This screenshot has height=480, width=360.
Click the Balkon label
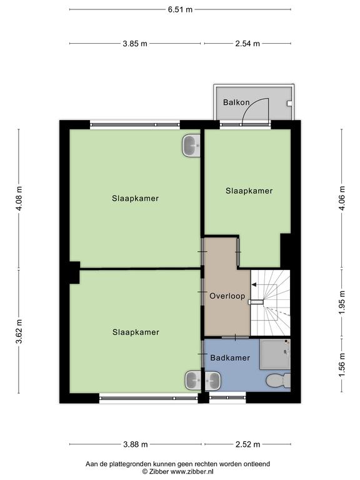[x=236, y=102]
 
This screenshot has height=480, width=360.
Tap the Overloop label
[x=227, y=296]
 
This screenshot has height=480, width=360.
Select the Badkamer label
[x=230, y=357]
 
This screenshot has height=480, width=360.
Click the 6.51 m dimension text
[x=180, y=9]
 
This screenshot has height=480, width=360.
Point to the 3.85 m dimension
[x=135, y=44]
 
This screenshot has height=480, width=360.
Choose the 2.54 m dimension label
[x=247, y=44]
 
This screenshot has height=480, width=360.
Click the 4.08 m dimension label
[x=19, y=198]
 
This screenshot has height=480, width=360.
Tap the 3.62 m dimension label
[x=19, y=331]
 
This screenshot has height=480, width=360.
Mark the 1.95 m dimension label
[x=342, y=302]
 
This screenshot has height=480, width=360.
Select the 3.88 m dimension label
[x=136, y=444]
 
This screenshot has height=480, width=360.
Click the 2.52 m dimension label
[x=247, y=444]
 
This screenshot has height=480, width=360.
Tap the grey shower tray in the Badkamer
[x=274, y=354]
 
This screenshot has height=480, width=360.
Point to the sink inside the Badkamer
[x=212, y=381]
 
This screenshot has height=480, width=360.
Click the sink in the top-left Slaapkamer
[x=191, y=146]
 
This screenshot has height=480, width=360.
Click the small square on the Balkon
[x=289, y=104]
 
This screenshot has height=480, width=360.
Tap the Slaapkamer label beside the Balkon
[x=249, y=191]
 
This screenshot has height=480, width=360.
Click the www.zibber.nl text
[x=192, y=472]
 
